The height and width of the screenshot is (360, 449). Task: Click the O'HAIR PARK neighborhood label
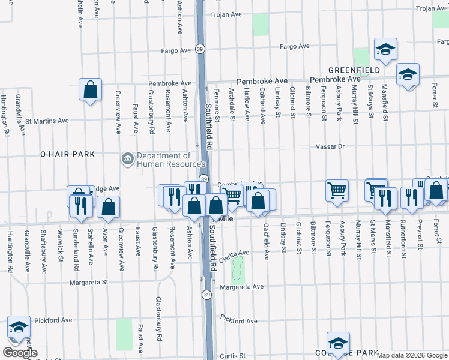click(68, 154)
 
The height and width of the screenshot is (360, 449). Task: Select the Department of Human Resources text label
click(171, 160)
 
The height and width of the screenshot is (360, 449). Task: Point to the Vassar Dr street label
click(331, 146)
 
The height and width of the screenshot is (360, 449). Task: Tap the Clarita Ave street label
click(234, 253)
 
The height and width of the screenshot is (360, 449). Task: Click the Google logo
click(20, 353)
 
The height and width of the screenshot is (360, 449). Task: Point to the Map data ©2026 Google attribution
click(412, 355)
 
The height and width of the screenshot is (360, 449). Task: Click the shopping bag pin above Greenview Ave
click(89, 91)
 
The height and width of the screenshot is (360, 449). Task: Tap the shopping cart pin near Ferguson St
click(337, 190)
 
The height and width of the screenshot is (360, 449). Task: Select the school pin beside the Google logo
click(19, 327)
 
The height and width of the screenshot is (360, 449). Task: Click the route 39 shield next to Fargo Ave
click(200, 49)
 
